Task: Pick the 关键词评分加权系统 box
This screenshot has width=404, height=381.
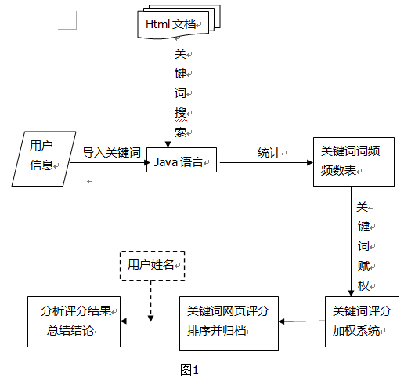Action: (x=356, y=321)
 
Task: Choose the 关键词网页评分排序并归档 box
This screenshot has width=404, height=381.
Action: (x=227, y=321)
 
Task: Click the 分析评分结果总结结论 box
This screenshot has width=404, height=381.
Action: (x=74, y=321)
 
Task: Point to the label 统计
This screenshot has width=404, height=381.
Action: (x=268, y=152)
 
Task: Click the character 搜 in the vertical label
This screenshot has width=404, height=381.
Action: (x=180, y=113)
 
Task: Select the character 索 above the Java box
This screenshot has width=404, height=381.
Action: (x=180, y=132)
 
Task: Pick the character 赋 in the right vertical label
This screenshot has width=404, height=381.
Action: (x=363, y=265)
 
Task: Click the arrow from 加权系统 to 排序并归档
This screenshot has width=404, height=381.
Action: (x=301, y=321)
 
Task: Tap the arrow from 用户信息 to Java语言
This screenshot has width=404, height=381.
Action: (x=108, y=164)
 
